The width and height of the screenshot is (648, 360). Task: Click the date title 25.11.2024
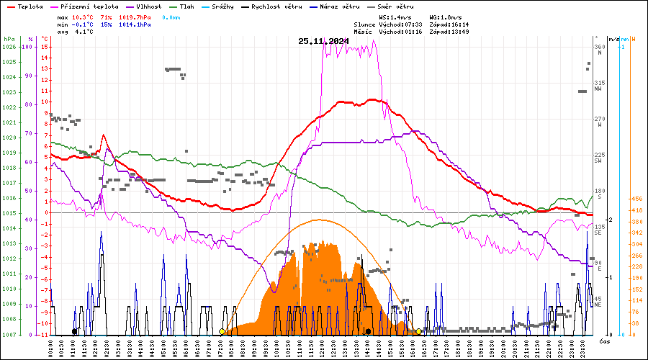tap(323, 40)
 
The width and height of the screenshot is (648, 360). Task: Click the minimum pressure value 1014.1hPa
tap(135, 24)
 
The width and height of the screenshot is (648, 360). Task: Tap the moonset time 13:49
tap(459, 32)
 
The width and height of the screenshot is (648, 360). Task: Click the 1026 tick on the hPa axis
tap(9, 47)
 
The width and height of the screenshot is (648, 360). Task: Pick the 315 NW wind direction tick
tap(598, 86)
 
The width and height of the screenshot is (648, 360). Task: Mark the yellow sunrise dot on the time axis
tap(222, 332)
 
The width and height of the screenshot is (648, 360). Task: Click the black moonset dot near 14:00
tap(368, 332)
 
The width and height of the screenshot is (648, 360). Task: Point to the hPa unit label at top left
tap(9, 39)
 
